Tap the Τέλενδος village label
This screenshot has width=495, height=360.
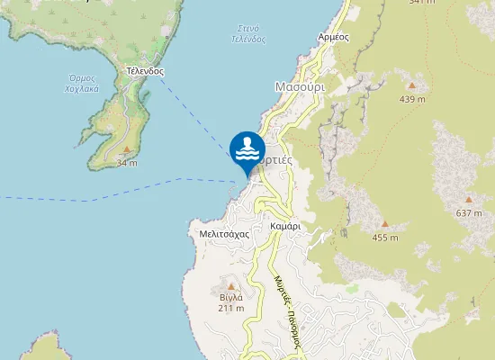click(x=144, y=69)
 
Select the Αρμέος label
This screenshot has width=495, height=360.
click(x=333, y=37)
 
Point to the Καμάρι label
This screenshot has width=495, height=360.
click(x=284, y=227)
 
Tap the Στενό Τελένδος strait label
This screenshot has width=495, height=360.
click(x=247, y=33)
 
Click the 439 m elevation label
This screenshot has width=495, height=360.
click(x=412, y=99)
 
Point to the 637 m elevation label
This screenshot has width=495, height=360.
click(x=469, y=213)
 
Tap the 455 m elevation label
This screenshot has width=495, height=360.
click(x=385, y=238)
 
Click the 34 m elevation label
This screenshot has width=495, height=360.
click(x=127, y=163)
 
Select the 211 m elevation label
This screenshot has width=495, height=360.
click(x=230, y=308)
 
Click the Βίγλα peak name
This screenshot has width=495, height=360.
click(x=230, y=296)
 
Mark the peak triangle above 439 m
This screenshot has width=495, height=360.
click(x=412, y=86)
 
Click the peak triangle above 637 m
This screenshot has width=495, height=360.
click(x=469, y=200)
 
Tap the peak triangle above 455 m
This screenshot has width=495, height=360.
click(x=385, y=224)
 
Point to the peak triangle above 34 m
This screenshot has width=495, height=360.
click(x=127, y=149)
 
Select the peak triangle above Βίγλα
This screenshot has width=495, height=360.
click(x=230, y=285)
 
